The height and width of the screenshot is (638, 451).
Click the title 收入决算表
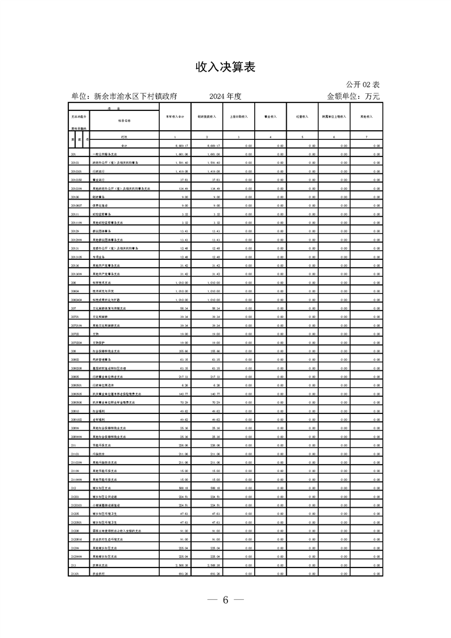pos(225,67)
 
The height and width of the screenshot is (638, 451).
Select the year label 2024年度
pos(225,97)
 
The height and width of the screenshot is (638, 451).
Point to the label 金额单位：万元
pos(353,97)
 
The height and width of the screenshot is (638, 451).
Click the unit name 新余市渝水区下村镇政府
pos(125,97)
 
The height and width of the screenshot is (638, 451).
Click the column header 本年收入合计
pos(175,117)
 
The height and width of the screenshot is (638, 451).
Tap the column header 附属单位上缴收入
pos(334,117)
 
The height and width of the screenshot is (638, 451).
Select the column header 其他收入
pos(366,117)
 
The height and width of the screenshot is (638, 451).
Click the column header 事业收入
pos(270,117)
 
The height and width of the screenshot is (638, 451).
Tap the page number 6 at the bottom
pos(225,600)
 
